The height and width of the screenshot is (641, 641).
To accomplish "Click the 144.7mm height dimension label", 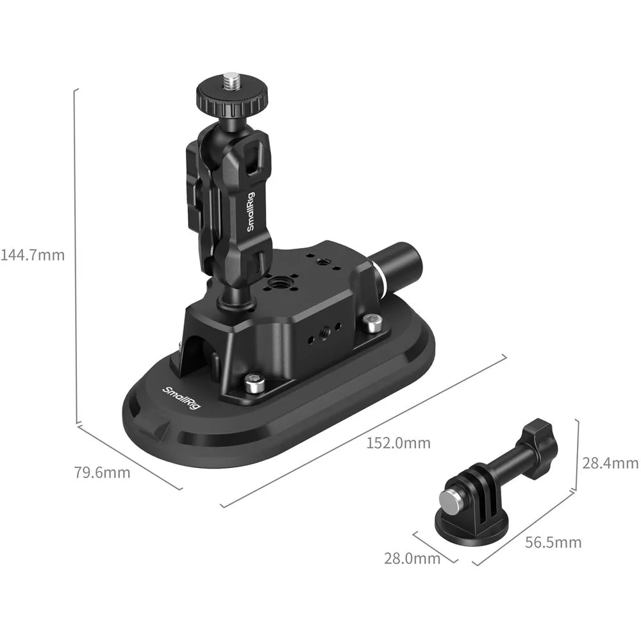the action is pos(33,255).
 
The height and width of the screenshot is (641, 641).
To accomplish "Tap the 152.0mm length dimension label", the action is pos(398,443).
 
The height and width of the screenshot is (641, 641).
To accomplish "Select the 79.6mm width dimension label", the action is pos(102,472).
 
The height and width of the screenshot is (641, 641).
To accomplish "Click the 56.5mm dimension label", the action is pos(553,542).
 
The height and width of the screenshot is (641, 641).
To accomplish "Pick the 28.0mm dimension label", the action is pos(412,558).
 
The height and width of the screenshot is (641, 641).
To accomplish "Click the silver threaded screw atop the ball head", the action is pos(232,81).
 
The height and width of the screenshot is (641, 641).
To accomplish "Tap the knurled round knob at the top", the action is pos(232,99).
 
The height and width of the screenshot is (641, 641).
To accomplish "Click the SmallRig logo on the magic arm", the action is pos(250,212).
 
